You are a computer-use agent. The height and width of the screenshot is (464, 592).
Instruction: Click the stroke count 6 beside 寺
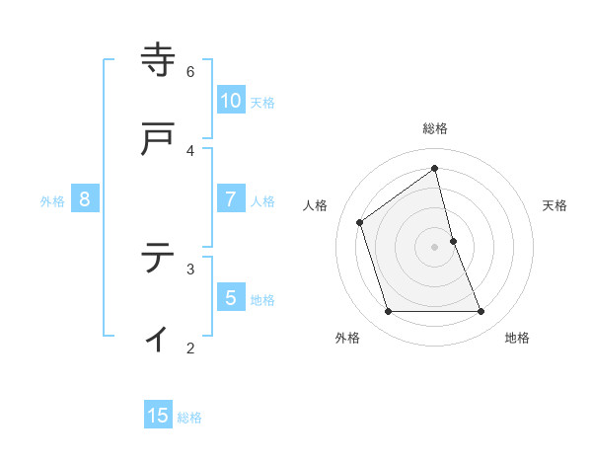tap(190, 72)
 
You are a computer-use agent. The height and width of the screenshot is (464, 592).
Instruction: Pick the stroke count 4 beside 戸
tap(190, 151)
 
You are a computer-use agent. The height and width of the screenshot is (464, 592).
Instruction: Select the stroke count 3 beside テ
tap(190, 269)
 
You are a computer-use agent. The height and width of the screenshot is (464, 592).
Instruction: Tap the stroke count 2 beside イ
tap(190, 348)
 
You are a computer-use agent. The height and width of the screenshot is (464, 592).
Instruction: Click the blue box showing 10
tap(231, 101)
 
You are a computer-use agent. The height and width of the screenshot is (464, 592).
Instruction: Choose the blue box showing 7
tap(231, 199)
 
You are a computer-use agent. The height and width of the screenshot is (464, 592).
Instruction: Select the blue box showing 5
tap(231, 297)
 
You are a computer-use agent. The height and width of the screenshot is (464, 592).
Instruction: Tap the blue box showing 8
tap(85, 199)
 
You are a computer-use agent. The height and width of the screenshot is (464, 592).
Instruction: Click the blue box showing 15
tap(158, 416)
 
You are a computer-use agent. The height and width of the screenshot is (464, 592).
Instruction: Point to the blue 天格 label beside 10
tap(262, 103)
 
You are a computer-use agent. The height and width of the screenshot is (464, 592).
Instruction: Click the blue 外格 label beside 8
tap(52, 201)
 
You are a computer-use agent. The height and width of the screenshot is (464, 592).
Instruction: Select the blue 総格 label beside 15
tap(189, 418)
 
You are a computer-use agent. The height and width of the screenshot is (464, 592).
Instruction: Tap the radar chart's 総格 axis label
tap(435, 128)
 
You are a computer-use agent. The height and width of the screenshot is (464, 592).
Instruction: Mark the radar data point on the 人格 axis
tap(360, 222)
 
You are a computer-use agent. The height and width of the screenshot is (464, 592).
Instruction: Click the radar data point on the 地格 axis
tap(481, 312)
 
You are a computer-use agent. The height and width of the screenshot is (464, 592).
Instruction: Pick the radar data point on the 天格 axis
tap(453, 240)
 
